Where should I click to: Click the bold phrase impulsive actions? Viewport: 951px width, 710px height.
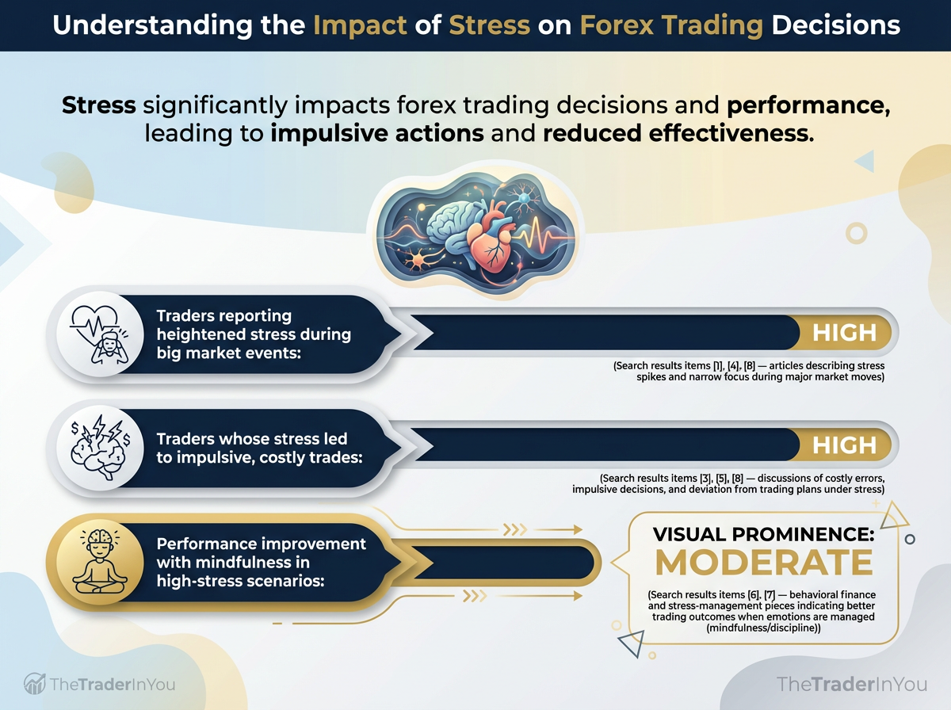[377, 132]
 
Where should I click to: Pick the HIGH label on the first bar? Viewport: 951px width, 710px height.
[844, 333]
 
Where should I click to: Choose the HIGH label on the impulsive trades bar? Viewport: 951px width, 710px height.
[844, 446]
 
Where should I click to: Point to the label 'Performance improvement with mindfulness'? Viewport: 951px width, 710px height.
[262, 563]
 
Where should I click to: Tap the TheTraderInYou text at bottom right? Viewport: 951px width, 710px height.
[852, 683]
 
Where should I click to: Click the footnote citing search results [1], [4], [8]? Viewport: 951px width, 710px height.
[748, 372]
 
